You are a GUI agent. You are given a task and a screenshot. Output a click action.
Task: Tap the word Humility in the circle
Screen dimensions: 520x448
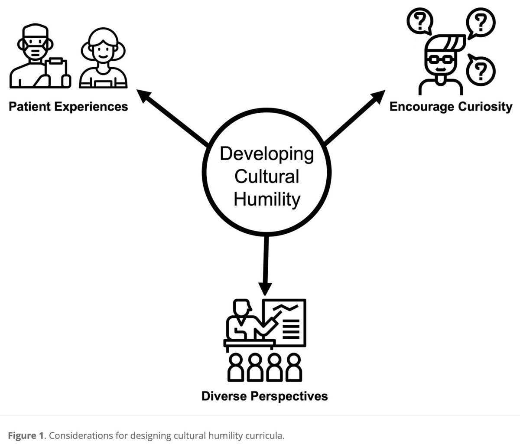pos(266,200)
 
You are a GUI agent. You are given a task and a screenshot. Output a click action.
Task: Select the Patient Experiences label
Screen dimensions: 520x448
pos(68,106)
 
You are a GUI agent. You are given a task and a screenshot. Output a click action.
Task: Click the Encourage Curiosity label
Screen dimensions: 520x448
pos(451,106)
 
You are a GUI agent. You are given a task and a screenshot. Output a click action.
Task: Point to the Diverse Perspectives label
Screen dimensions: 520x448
pos(264,396)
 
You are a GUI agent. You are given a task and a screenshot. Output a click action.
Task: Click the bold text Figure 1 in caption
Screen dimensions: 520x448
pos(25,435)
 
